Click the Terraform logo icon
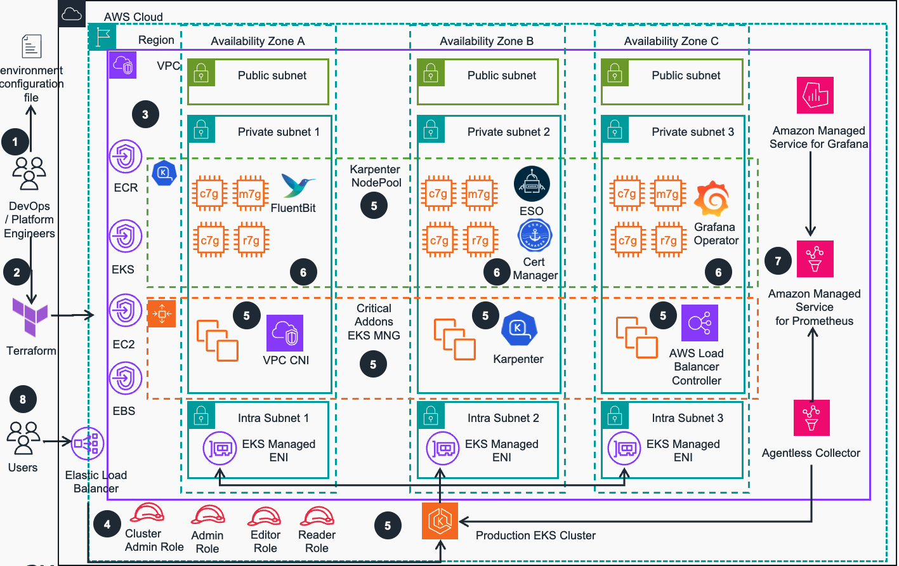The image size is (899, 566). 30,317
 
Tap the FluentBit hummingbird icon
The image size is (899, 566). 297,186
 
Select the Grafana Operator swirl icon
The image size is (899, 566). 712,199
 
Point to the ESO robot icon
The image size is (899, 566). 532,184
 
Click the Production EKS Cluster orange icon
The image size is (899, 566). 440,521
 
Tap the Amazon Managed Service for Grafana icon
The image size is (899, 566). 815,95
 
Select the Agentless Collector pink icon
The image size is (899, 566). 811,418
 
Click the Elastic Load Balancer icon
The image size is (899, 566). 88,443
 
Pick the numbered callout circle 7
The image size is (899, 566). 778,261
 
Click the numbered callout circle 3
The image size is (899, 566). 145,115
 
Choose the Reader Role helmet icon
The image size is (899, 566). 317,516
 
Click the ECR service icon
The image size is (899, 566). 126,156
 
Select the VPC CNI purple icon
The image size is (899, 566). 285,333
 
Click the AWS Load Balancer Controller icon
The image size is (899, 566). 699,323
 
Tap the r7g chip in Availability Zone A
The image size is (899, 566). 251,240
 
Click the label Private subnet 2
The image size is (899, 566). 508,132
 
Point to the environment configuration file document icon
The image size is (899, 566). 31,47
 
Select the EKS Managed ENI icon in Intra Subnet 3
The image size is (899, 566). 624,449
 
